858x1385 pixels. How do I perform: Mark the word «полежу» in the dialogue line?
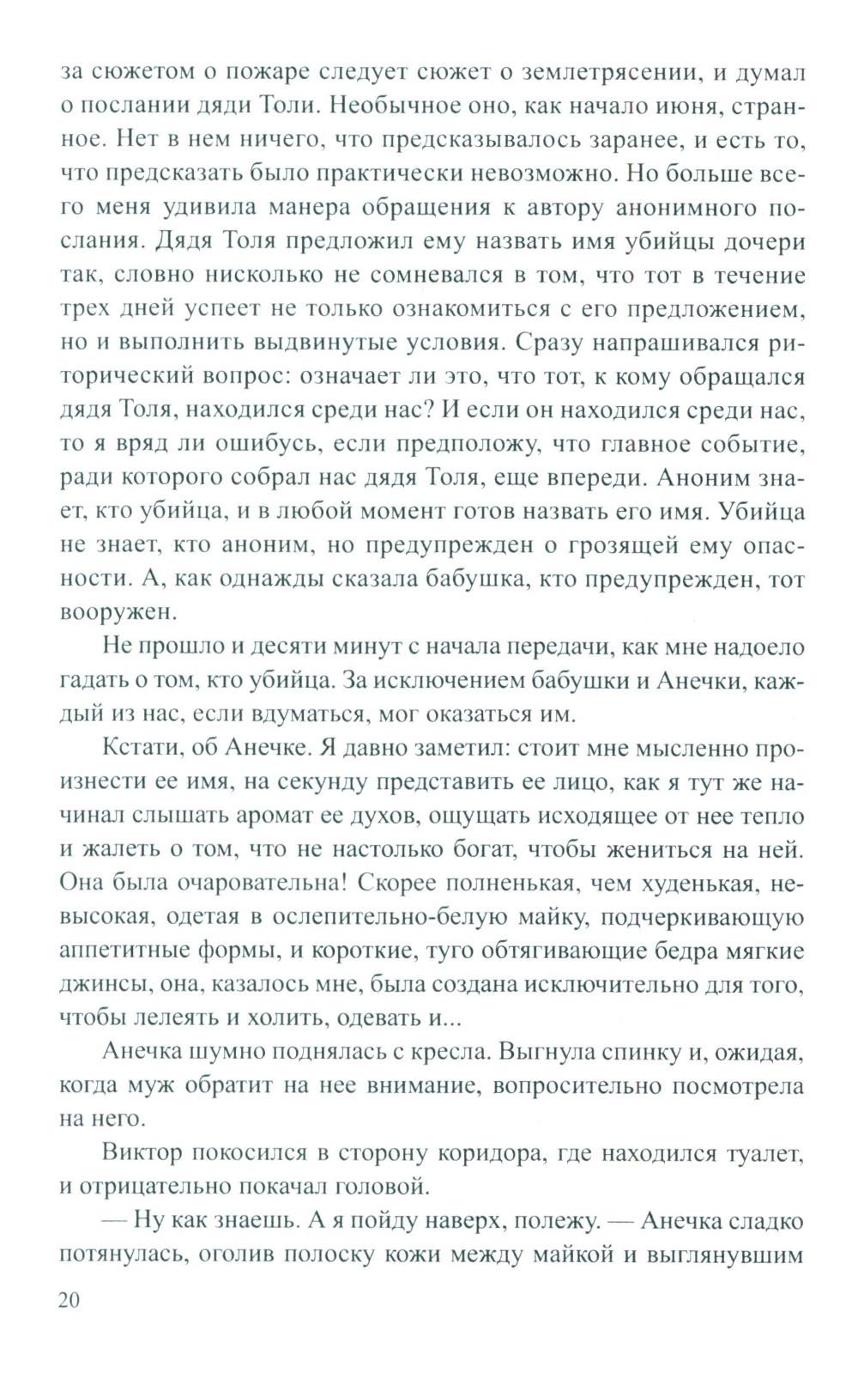(x=530, y=1220)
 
